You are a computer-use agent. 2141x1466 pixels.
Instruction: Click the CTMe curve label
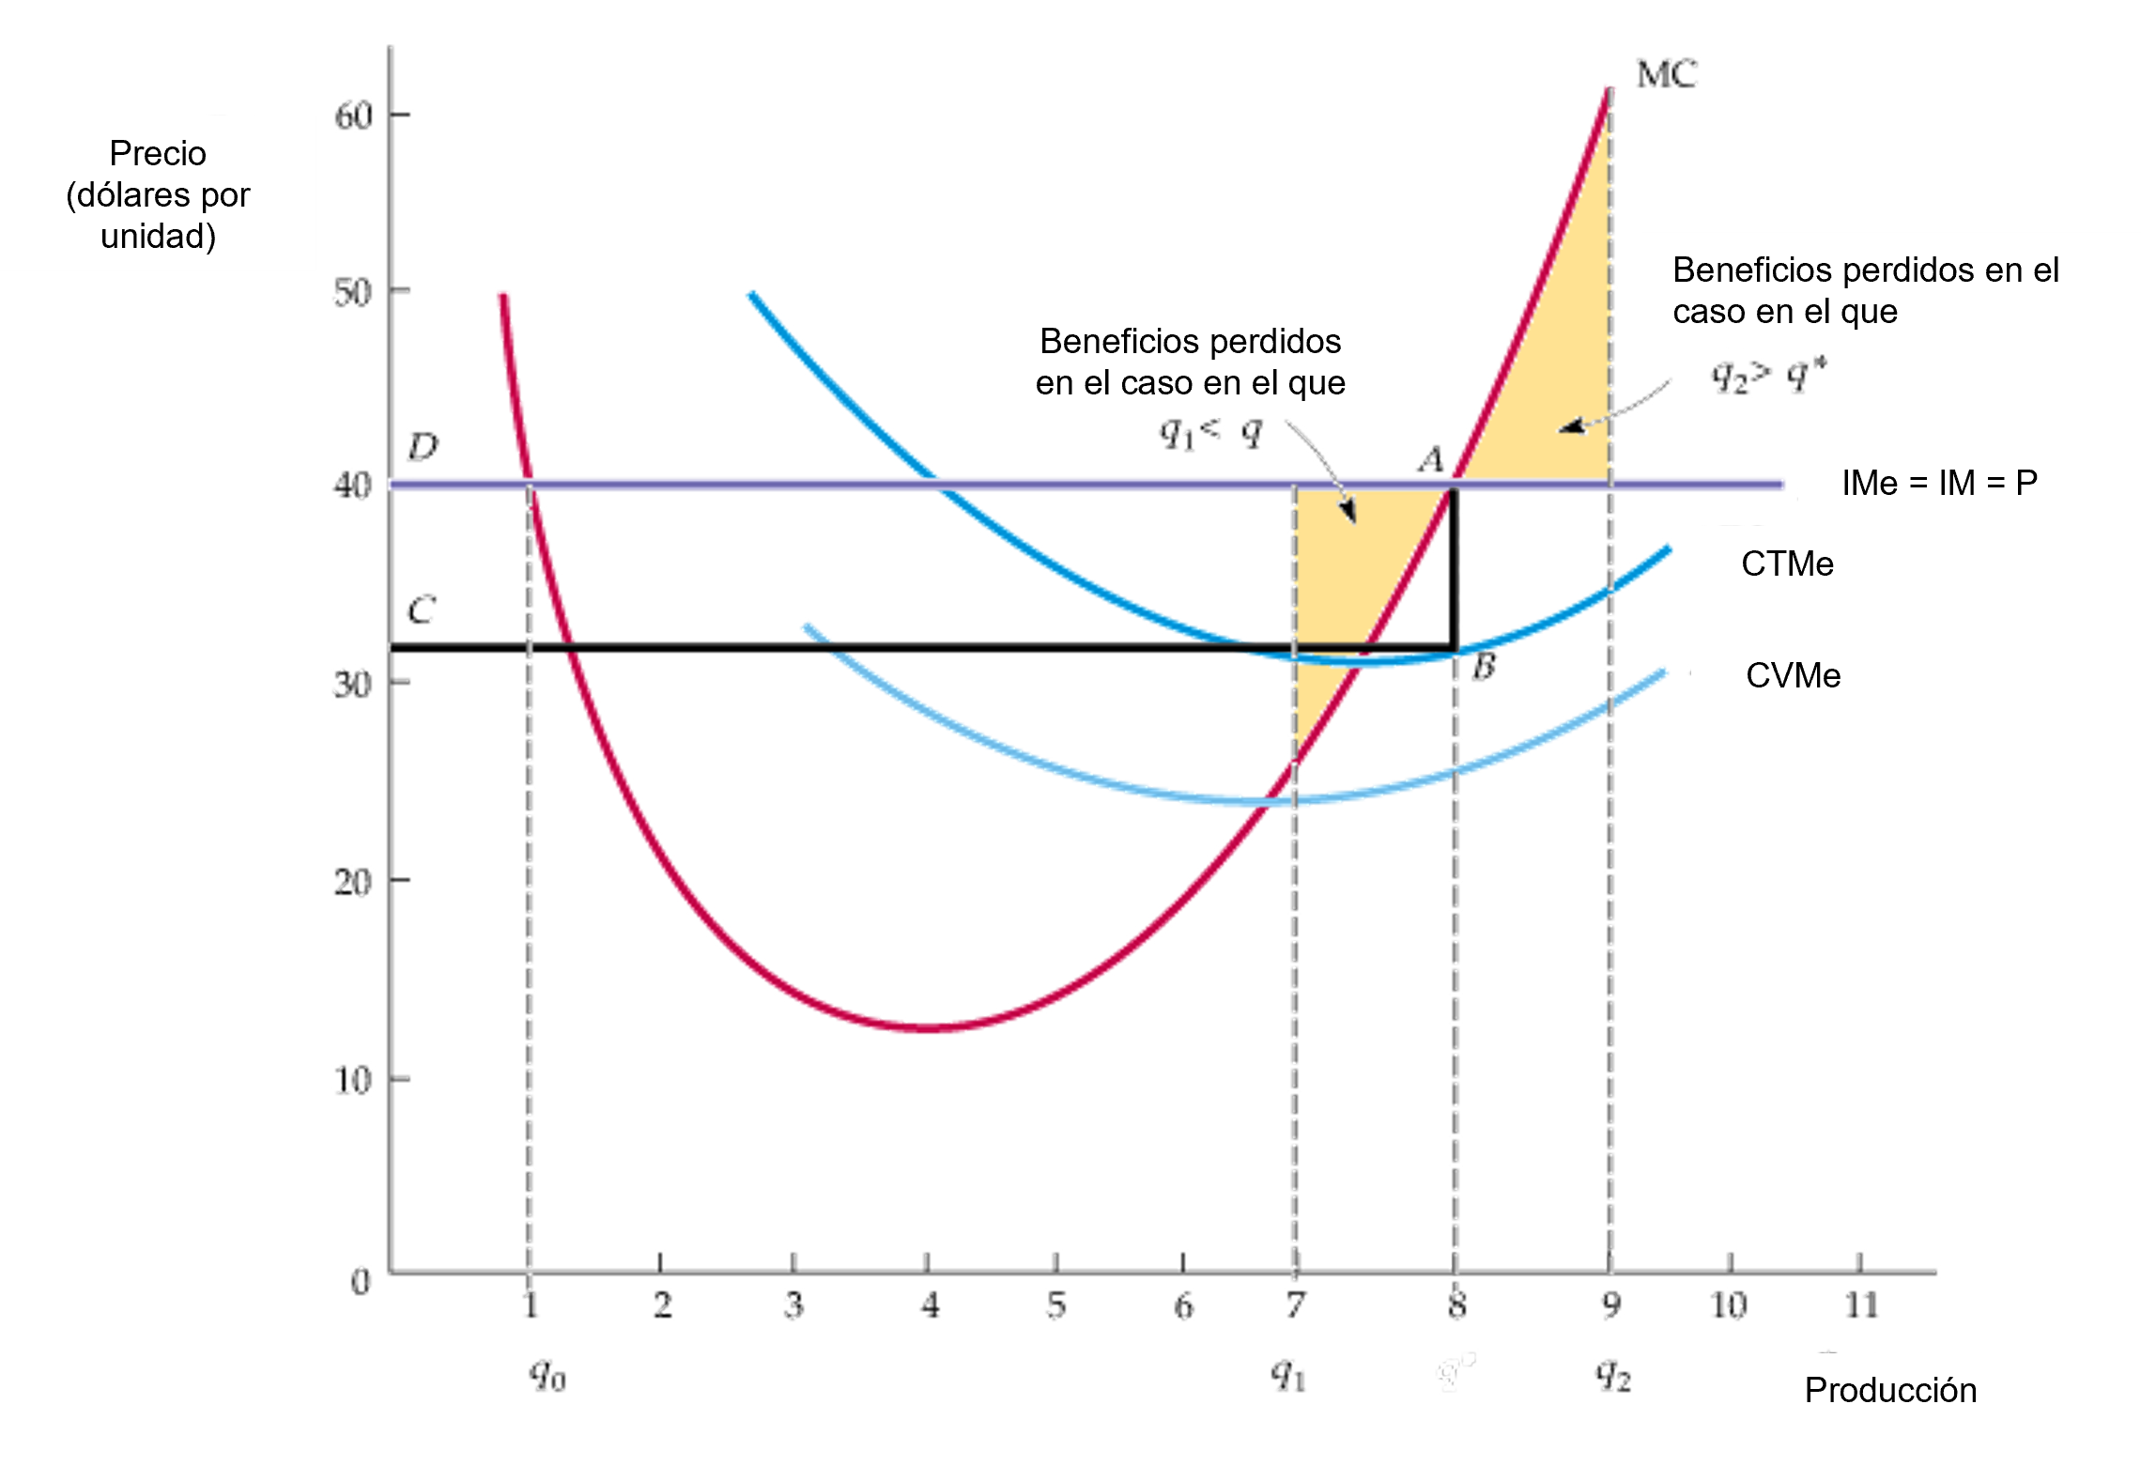pos(1787,563)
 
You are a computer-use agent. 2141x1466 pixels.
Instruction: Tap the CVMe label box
pos(1794,674)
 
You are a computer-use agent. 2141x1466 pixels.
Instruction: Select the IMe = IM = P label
pos(1939,483)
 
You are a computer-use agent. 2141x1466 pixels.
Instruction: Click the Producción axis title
pos(1890,1389)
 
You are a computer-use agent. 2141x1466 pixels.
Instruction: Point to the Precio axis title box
pos(158,193)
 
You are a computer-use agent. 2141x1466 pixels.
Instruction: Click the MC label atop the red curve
pos(1667,73)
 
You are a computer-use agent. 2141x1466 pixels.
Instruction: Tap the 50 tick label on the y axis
pos(351,294)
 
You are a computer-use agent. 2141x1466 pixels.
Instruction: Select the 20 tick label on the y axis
pos(351,883)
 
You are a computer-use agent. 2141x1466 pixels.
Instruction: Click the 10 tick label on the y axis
pos(351,1080)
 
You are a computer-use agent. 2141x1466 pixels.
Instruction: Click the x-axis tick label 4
pos(930,1306)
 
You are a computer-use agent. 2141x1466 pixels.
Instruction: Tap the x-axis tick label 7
pos(1296,1306)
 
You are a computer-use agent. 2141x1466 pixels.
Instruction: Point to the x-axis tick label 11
pos(1861,1306)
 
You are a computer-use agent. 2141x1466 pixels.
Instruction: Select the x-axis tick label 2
pos(662,1306)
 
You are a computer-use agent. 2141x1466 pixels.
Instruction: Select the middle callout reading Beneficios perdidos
pos(1190,361)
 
